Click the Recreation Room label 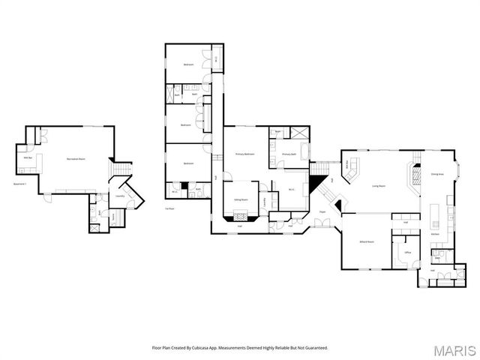75,159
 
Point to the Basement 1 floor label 20,184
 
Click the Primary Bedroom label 244,154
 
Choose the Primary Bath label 289,154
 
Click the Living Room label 378,186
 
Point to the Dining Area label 436,174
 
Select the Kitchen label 435,235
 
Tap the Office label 408,253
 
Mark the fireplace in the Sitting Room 241,218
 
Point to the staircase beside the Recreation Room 121,169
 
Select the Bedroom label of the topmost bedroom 189,64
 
